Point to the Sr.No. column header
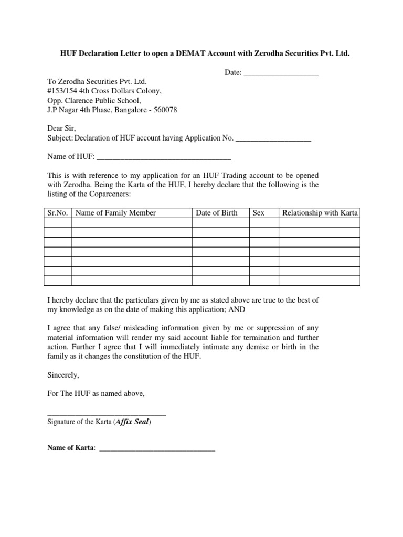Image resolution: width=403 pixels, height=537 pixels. tap(57, 213)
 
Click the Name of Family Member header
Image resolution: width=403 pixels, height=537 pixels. tap(115, 213)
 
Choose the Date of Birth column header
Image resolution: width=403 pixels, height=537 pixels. tap(217, 213)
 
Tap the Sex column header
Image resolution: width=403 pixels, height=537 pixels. tap(259, 213)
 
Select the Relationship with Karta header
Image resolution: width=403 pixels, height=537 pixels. tap(320, 213)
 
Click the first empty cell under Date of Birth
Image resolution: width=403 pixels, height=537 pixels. tap(221, 223)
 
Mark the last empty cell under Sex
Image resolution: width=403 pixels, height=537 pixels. tap(264, 280)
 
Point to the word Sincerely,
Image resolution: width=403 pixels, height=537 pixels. tap(63, 375)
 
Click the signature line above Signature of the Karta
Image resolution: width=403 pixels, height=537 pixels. tap(107, 415)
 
